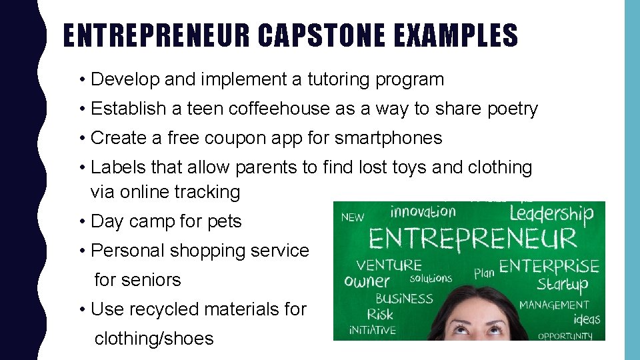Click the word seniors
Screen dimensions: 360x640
click(x=137, y=280)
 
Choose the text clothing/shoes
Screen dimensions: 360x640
click(x=154, y=339)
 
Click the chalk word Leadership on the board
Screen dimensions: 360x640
click(x=551, y=214)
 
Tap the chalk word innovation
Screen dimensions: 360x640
click(x=423, y=212)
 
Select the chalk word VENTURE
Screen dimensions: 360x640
click(x=389, y=265)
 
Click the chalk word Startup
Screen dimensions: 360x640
click(x=563, y=285)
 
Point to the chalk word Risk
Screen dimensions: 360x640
click(x=380, y=314)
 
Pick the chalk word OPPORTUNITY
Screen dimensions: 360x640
click(x=565, y=335)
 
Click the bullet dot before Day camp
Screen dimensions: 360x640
click(x=81, y=221)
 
